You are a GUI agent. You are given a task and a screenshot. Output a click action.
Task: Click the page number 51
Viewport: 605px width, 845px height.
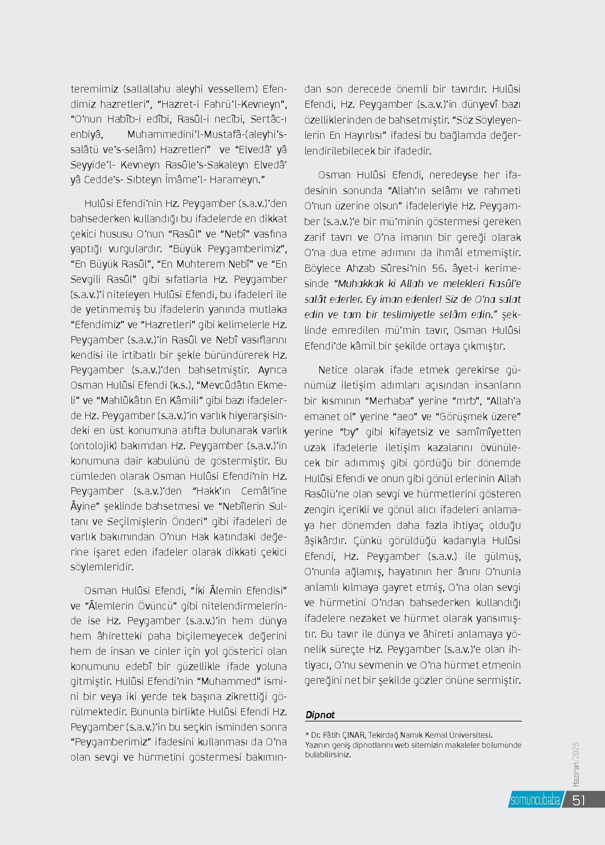pos(579,800)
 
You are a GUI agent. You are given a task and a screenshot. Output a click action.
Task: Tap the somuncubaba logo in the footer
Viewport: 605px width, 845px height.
pos(534,801)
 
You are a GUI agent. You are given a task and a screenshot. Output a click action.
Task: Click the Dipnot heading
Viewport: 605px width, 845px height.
pos(320,715)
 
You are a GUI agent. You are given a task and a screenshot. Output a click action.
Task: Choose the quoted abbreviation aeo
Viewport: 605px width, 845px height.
pos(408,416)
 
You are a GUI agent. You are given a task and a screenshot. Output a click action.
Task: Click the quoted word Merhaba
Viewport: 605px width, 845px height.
pos(388,401)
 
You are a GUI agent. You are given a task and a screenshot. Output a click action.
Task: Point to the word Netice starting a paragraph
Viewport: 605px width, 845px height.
pos(333,370)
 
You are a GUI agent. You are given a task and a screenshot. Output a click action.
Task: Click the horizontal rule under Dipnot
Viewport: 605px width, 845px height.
pos(413,721)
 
